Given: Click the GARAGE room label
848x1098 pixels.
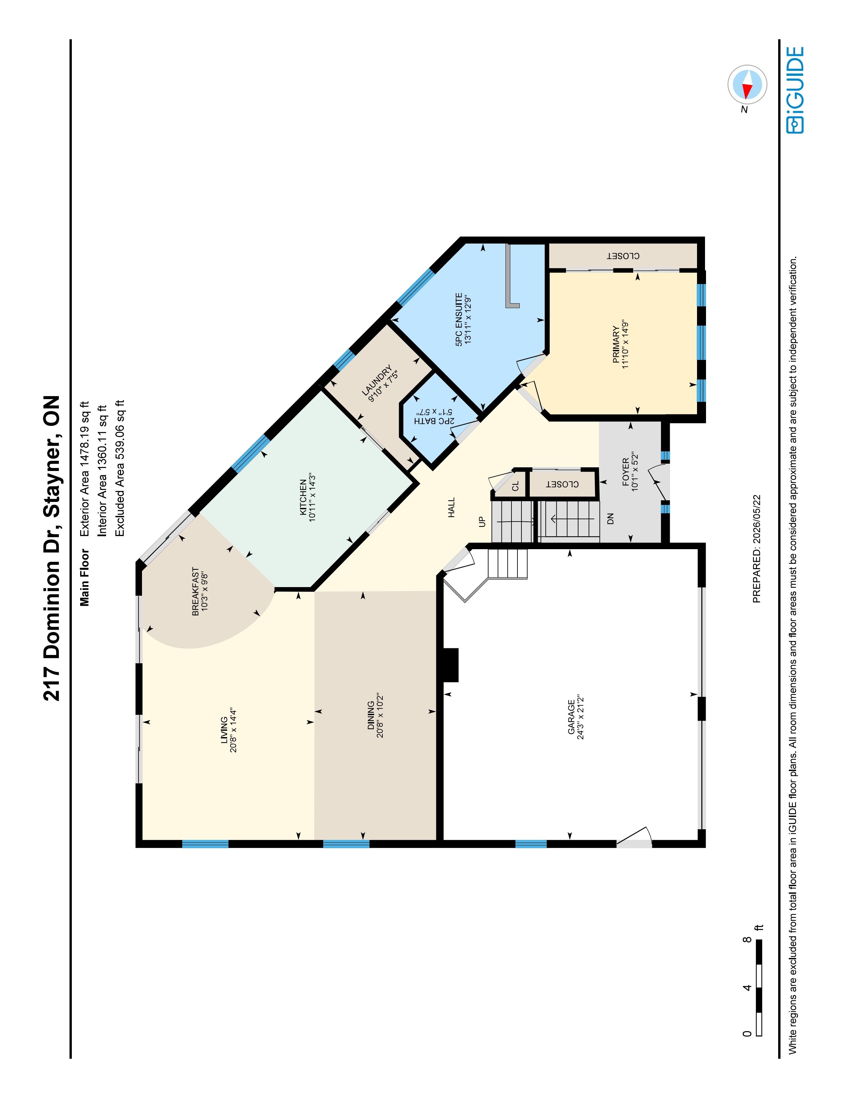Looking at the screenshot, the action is pyautogui.click(x=571, y=716).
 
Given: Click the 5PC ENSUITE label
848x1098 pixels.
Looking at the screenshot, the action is pyautogui.click(x=459, y=319).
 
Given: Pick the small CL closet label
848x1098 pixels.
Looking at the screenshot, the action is pyautogui.click(x=515, y=486).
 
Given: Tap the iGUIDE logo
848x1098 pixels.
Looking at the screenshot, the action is pyautogui.click(x=795, y=90).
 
